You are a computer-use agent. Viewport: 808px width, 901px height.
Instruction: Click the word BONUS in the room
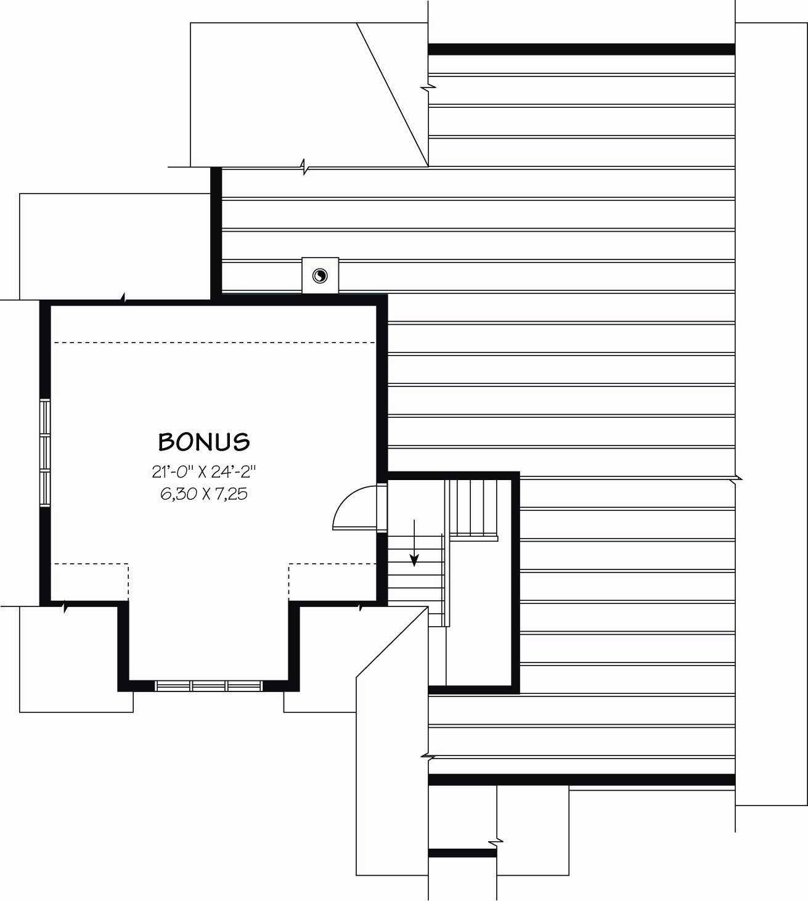(x=204, y=441)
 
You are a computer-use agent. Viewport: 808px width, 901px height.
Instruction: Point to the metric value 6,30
(x=176, y=494)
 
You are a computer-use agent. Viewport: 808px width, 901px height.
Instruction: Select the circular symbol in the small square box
(x=320, y=275)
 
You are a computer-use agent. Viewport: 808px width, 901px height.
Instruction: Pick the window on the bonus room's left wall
(x=45, y=453)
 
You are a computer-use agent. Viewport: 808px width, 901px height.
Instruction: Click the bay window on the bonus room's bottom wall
(x=209, y=685)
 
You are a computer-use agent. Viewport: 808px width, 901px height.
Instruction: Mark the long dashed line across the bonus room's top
(x=214, y=342)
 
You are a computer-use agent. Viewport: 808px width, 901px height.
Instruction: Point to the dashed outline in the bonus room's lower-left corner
(x=92, y=579)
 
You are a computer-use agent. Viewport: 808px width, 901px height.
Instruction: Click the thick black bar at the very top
(x=581, y=49)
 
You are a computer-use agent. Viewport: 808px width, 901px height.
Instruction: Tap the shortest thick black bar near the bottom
(x=462, y=853)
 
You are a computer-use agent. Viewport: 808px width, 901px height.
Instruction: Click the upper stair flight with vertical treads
(x=475, y=508)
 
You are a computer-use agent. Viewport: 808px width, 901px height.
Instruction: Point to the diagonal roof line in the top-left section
(x=393, y=94)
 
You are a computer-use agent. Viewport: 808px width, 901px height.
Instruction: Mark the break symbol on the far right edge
(x=737, y=478)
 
